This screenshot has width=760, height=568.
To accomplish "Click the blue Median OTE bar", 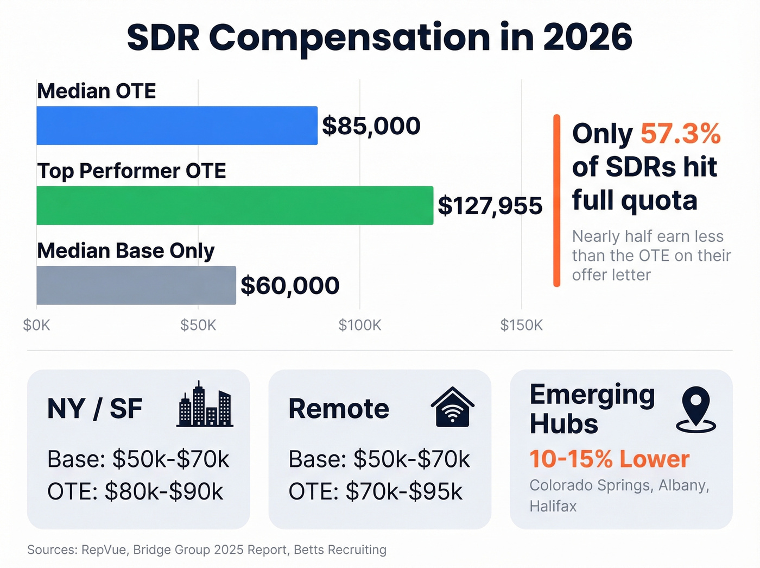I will (177, 126).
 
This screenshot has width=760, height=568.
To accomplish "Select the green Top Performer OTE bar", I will (235, 205).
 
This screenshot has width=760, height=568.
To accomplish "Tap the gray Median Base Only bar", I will (136, 285).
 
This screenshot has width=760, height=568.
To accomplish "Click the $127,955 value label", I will (490, 206).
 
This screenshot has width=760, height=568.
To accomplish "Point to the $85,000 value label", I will (371, 126).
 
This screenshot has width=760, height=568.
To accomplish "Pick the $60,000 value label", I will (290, 286).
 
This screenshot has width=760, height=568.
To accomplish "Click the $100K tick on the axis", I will (359, 326).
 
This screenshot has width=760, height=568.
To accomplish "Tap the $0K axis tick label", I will (36, 326).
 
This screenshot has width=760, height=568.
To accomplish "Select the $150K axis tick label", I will (521, 326).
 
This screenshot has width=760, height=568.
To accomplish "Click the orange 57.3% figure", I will (680, 133).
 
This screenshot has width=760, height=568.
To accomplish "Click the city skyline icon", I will (205, 404).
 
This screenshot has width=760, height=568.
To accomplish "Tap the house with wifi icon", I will (452, 407).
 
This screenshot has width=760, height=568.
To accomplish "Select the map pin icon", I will (696, 409).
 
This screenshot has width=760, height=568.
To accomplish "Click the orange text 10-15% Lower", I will (609, 459).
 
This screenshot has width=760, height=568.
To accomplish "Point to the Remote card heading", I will (339, 409).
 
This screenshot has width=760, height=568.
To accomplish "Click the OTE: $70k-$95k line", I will (375, 492).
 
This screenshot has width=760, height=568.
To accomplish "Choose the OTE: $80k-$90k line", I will (135, 492).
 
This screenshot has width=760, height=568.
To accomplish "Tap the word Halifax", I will (553, 507).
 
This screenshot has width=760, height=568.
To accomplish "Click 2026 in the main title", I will (587, 37).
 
